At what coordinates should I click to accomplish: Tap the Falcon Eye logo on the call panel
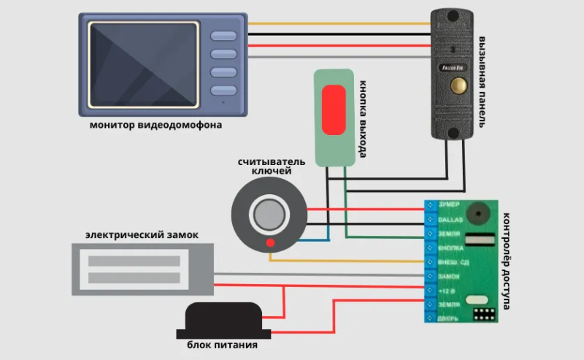453,67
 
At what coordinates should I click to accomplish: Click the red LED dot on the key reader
270,242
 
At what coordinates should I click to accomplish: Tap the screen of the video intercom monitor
142,65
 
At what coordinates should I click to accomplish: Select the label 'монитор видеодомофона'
155,126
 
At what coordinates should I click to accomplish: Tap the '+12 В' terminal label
447,290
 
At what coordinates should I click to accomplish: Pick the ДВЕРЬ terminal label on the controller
448,318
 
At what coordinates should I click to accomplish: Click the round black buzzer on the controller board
480,212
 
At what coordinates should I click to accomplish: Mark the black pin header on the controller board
483,314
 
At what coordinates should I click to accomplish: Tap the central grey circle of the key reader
268,215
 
